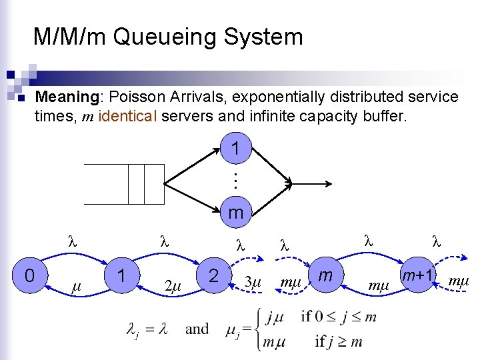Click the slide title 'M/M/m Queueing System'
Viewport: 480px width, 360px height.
pyautogui.click(x=168, y=37)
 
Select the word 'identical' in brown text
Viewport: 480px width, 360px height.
pyautogui.click(x=128, y=117)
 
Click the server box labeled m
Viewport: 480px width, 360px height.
pyautogui.click(x=235, y=213)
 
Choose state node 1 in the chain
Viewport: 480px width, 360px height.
pyautogui.click(x=121, y=275)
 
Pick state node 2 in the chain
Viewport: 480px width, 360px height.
pyautogui.click(x=213, y=275)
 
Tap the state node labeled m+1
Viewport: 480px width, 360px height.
pyautogui.click(x=418, y=275)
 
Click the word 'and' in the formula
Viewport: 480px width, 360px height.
pyautogui.click(x=197, y=329)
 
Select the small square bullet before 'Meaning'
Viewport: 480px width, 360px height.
pyautogui.click(x=21, y=99)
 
